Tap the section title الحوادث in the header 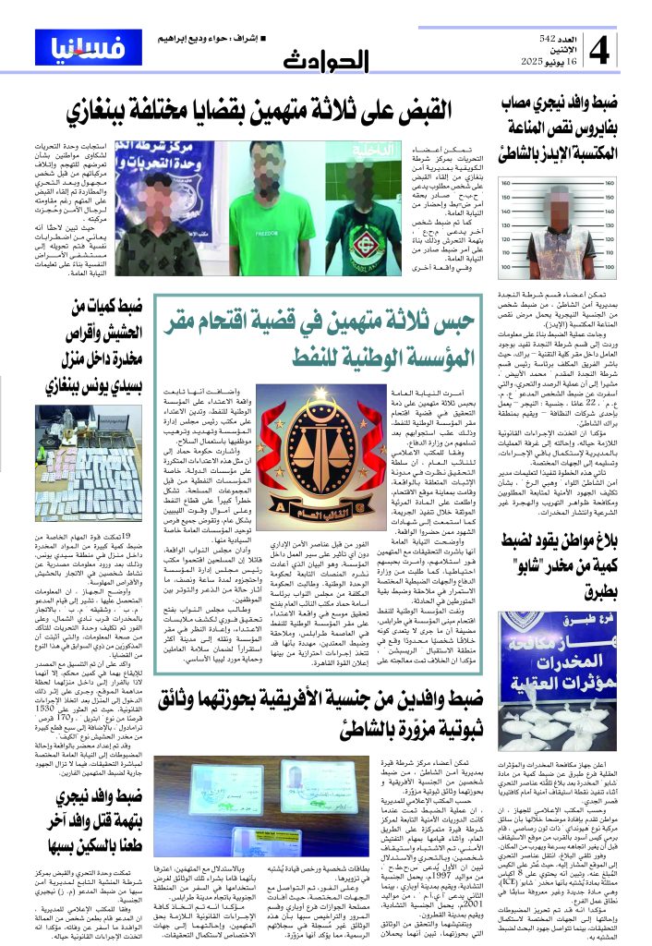point(325,61)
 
